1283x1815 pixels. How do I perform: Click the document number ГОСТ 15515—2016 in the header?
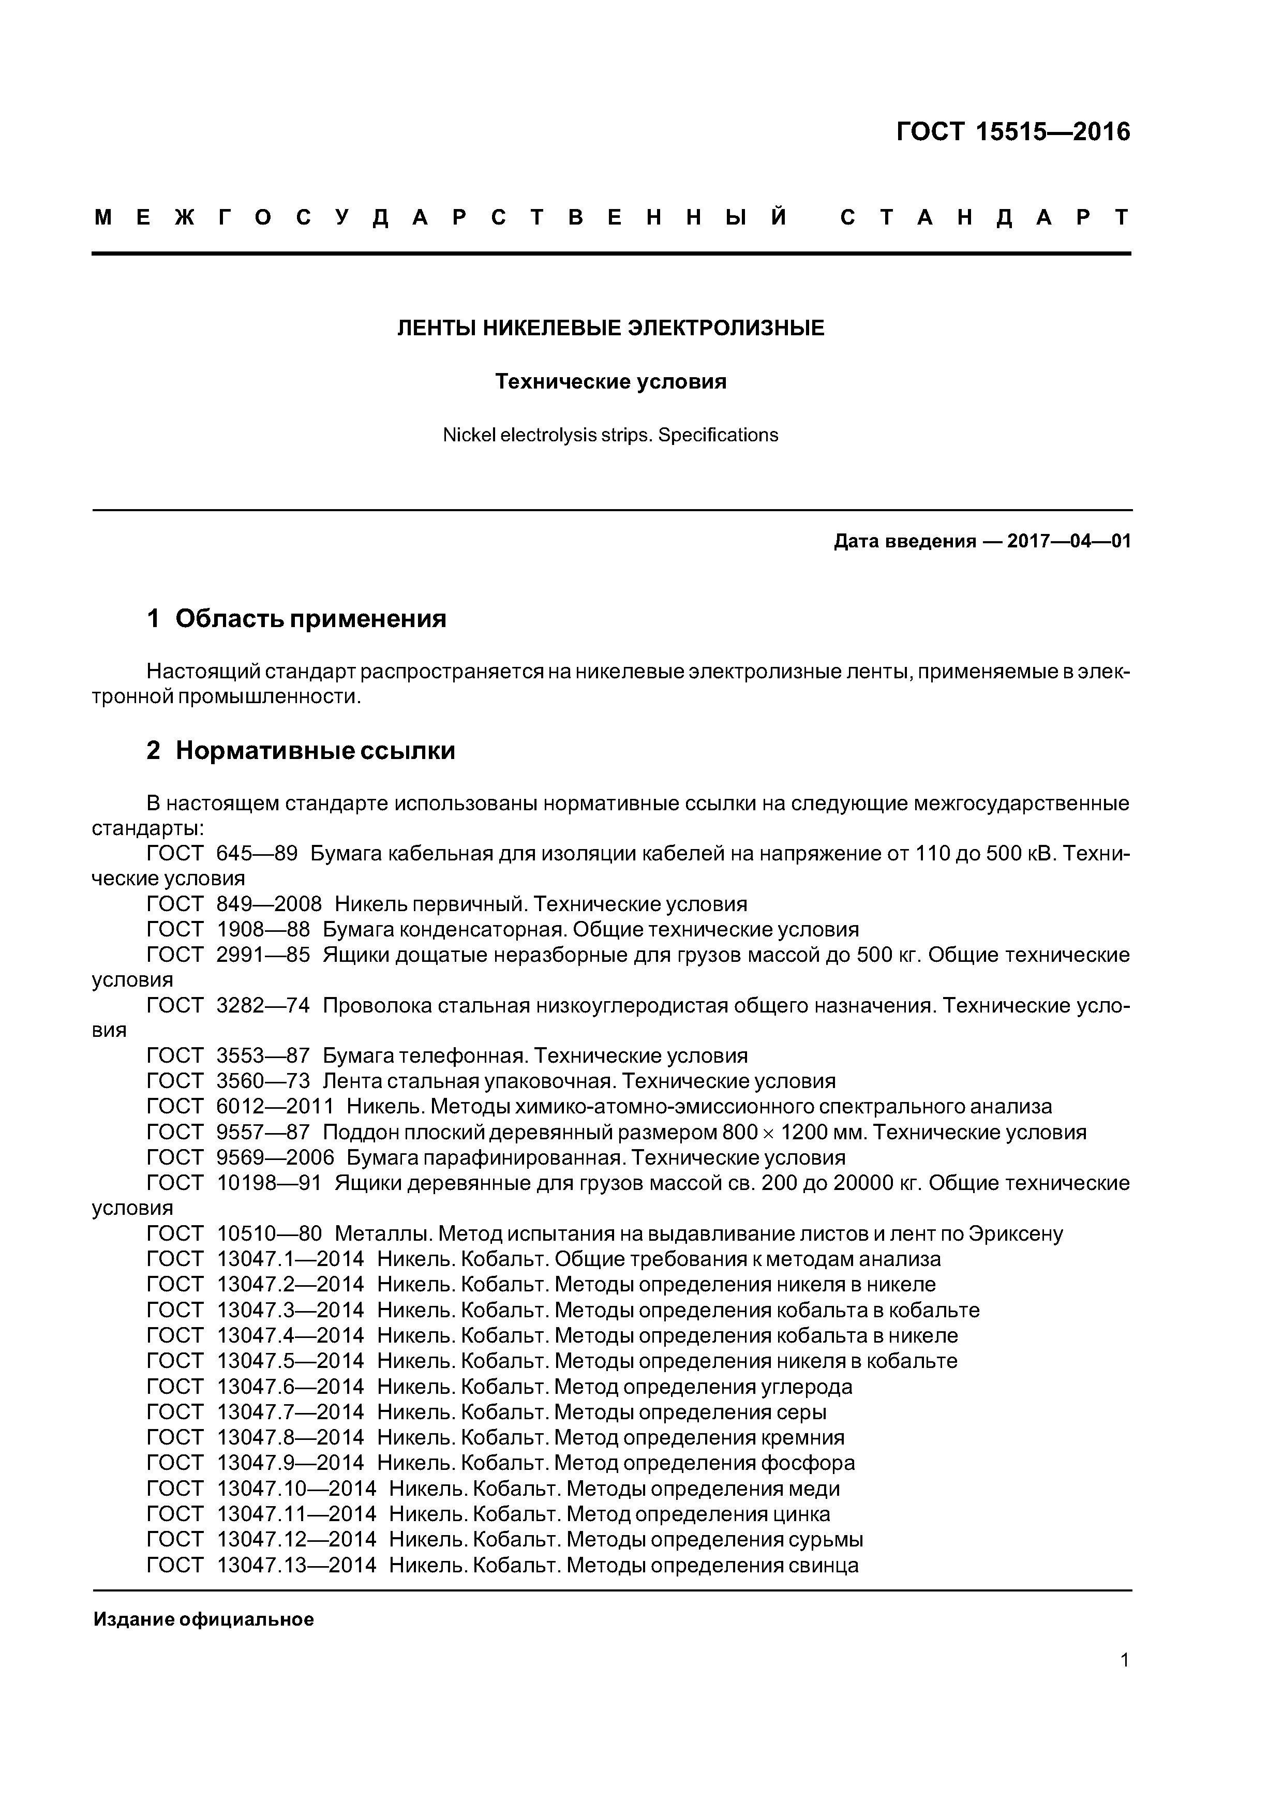pyautogui.click(x=1013, y=132)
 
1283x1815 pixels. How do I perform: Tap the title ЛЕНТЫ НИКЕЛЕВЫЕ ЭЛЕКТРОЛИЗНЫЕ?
pyautogui.click(x=610, y=328)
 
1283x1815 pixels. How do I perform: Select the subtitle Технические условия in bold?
pyautogui.click(x=610, y=382)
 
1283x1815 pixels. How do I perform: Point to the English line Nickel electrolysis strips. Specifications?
pyautogui.click(x=610, y=435)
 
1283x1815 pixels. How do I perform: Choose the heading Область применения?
pyautogui.click(x=311, y=618)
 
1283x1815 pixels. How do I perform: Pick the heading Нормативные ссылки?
pyautogui.click(x=316, y=750)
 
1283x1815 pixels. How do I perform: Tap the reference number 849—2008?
pyautogui.click(x=269, y=904)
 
